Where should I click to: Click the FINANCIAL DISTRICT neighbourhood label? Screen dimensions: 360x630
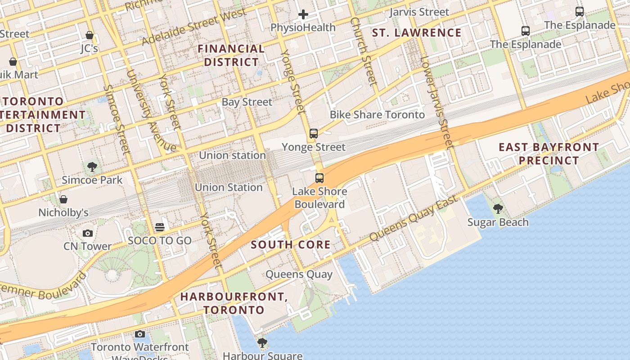pyautogui.click(x=231, y=55)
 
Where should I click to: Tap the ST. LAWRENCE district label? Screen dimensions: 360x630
pyautogui.click(x=417, y=33)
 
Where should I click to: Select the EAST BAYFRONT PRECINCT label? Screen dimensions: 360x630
pyautogui.click(x=549, y=154)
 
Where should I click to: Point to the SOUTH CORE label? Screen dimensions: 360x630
pyautogui.click(x=291, y=245)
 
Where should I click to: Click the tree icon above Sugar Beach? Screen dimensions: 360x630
pyautogui.click(x=498, y=209)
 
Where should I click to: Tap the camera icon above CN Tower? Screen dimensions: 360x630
pyautogui.click(x=88, y=233)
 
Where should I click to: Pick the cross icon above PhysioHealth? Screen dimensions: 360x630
pyautogui.click(x=303, y=15)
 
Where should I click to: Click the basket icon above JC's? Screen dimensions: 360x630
pyautogui.click(x=90, y=35)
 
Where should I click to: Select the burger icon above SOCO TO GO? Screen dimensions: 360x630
pyautogui.click(x=160, y=227)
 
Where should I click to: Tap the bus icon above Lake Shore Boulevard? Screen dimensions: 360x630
pyautogui.click(x=319, y=178)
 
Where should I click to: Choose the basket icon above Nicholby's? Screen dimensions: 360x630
pyautogui.click(x=63, y=199)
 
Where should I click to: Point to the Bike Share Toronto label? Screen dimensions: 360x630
pyautogui.click(x=377, y=115)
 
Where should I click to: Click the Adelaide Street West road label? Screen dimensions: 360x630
pyautogui.click(x=194, y=27)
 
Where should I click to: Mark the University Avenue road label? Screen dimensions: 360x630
pyautogui.click(x=150, y=111)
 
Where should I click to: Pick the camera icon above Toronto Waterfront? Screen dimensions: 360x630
pyautogui.click(x=140, y=334)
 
